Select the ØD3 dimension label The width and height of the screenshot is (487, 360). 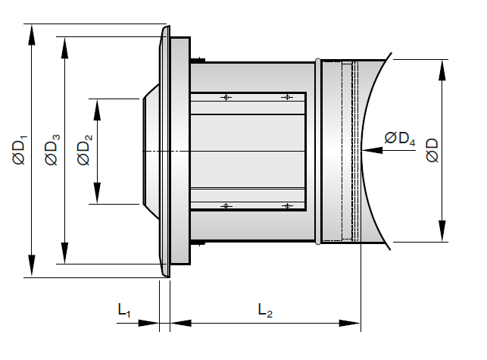pyautogui.click(x=52, y=149)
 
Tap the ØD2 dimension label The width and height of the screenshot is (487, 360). pyautogui.click(x=85, y=149)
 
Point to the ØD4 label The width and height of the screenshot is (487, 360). pyautogui.click(x=399, y=138)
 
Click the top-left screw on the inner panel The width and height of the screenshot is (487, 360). pyautogui.click(x=226, y=97)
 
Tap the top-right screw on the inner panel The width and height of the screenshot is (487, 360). pyautogui.click(x=286, y=97)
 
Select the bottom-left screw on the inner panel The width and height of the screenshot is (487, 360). pyautogui.click(x=226, y=205)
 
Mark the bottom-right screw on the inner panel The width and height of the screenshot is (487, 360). pyautogui.click(x=286, y=205)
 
